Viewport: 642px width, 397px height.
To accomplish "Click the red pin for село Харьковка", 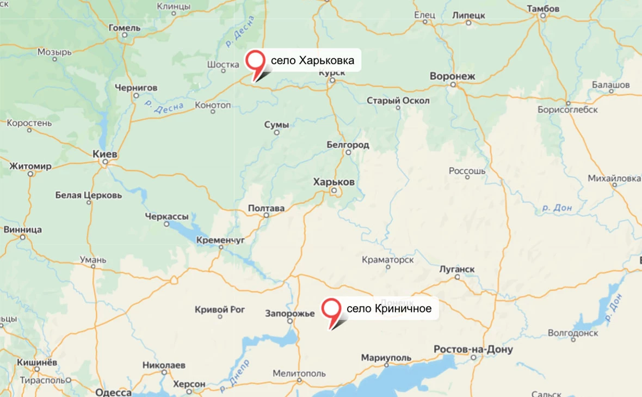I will point(255,61).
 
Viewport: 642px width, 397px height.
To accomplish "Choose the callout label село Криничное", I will point(389,309).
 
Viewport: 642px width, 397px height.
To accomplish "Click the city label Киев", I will point(105,155).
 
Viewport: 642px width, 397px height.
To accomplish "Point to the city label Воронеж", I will point(452,76).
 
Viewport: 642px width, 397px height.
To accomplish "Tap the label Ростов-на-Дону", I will point(473,349).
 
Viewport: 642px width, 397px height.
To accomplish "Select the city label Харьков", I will point(334,182).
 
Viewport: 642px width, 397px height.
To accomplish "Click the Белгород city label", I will point(348,145).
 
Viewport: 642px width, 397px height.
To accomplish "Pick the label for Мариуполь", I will point(386,358).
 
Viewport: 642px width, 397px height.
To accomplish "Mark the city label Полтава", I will point(266,208).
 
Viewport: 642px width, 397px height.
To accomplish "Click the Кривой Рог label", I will point(220,310).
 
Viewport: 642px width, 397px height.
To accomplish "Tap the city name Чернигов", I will point(136,87).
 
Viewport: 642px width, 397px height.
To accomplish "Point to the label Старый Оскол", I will point(398,101).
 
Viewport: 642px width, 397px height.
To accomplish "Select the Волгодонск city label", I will point(573,332).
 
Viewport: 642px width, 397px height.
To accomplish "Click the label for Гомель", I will point(125,28).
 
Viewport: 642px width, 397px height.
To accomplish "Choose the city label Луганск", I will point(457,270).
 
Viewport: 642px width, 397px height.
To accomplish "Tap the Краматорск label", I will point(387,260).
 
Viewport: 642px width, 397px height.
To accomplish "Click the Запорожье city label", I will point(290,313).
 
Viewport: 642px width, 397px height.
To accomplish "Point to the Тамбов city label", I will point(543,9).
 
